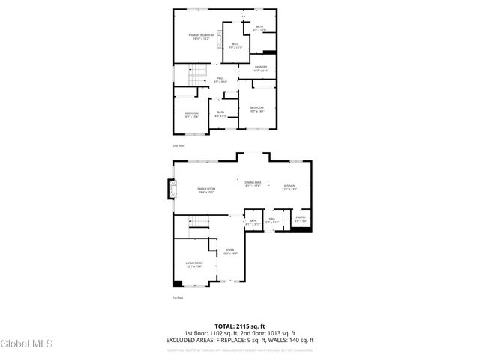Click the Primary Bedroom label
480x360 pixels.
point(201,37)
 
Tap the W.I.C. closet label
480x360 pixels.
point(235,46)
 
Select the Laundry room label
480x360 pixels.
point(260,69)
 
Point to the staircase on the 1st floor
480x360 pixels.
point(197,223)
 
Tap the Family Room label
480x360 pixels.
point(206,190)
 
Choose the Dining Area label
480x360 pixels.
point(253,184)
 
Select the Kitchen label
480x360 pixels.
point(289,187)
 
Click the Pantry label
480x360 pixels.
point(301,220)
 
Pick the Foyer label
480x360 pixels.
point(229,252)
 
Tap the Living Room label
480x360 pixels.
point(194,264)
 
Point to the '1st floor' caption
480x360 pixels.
point(178,297)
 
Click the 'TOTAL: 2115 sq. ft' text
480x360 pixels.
point(239,326)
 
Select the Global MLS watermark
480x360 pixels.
point(27,344)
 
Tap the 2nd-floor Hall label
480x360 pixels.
point(220,79)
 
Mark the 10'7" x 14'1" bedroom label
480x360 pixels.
point(256,109)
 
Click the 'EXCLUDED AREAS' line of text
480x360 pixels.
point(239,340)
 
